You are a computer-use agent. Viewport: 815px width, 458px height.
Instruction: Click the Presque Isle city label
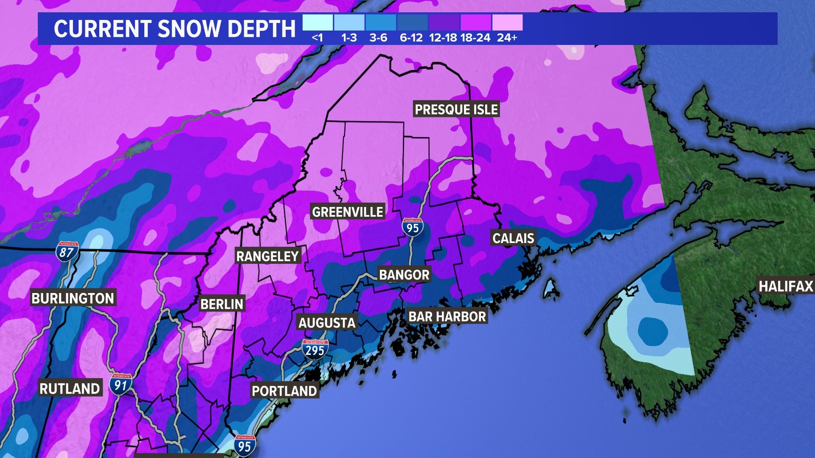(x=456, y=109)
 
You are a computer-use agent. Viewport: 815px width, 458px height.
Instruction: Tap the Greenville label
(x=348, y=212)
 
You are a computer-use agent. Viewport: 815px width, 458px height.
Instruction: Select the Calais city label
(x=513, y=238)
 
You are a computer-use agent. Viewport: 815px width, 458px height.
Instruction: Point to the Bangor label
(x=404, y=275)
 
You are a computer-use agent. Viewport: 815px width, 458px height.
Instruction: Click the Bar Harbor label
(x=447, y=316)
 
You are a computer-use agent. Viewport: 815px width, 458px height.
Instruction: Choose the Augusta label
(x=327, y=323)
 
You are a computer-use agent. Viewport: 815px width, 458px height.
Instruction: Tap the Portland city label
(x=284, y=391)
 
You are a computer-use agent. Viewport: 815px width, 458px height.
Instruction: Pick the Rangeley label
(x=267, y=256)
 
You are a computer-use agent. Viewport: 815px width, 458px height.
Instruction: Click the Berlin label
(x=222, y=304)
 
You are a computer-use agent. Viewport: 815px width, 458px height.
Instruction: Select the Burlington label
(x=73, y=298)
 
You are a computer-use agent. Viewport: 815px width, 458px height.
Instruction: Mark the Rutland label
(x=70, y=388)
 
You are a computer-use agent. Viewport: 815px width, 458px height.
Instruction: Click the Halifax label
(x=786, y=286)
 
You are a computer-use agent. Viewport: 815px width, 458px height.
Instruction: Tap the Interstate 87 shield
(x=67, y=251)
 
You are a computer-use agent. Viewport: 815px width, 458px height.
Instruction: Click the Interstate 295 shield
(x=315, y=349)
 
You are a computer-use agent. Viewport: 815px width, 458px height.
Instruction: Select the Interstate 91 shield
(x=121, y=384)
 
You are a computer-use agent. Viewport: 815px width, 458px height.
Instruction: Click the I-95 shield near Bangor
(x=412, y=227)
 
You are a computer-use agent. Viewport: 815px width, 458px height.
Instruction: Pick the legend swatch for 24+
(x=507, y=22)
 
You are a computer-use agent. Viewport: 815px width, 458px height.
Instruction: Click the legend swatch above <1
(x=318, y=22)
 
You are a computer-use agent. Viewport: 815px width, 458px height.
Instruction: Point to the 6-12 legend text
(x=411, y=38)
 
